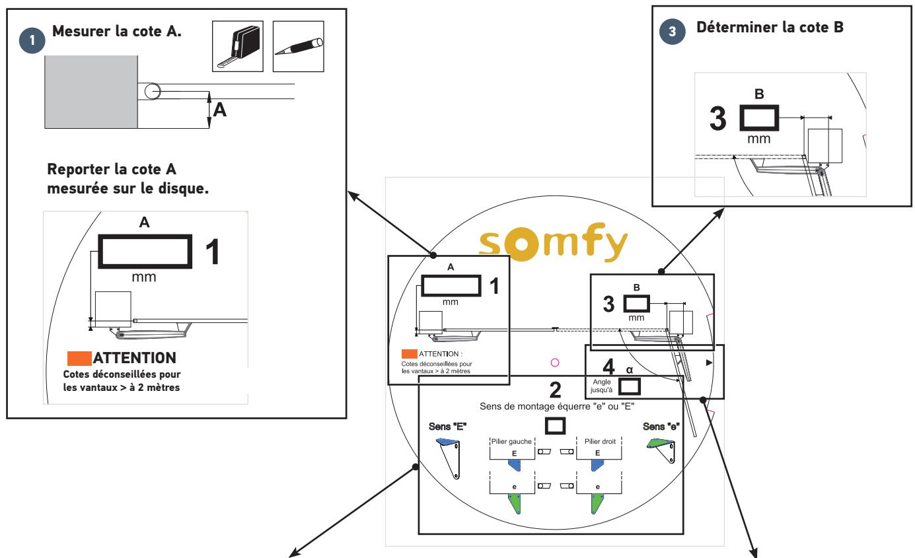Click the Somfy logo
coord(553,242)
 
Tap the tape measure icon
coord(238,46)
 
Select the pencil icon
coord(298,46)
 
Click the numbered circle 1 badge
coord(32,40)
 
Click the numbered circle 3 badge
coord(673,32)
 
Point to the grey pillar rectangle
coord(91,92)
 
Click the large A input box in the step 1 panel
coord(145,252)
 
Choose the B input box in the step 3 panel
coord(759,118)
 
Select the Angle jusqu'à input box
coord(629,386)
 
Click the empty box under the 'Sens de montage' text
coord(555,426)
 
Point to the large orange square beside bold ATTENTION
coord(79,359)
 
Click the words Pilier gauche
coord(511,441)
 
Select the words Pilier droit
coord(600,441)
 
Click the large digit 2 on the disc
coord(555,390)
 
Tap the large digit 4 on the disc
coord(608,366)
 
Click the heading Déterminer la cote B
coord(770,27)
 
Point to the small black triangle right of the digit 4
coord(710,363)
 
